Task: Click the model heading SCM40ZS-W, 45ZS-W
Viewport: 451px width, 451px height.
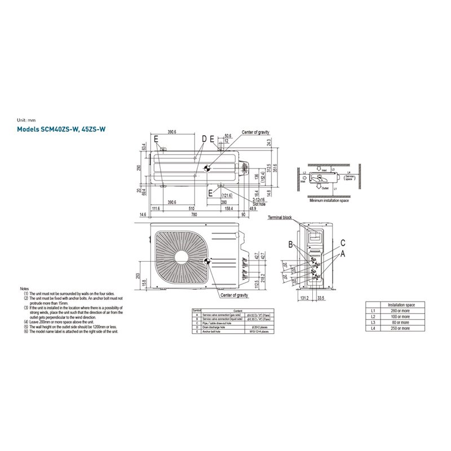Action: [x=63, y=130]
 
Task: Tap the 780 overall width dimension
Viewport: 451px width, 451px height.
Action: [x=193, y=215]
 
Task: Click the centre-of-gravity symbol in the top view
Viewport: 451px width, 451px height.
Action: [x=206, y=168]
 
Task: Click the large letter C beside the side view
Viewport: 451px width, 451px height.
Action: [x=342, y=242]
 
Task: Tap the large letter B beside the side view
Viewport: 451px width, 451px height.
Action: [x=291, y=245]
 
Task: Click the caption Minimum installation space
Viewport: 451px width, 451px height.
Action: [x=329, y=200]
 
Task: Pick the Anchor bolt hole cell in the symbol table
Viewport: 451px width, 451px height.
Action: [x=216, y=332]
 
